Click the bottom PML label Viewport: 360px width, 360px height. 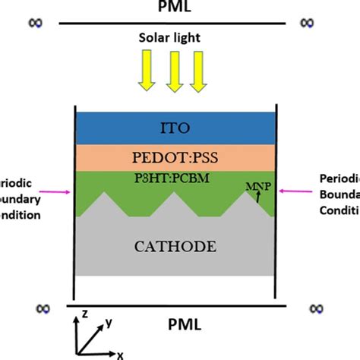point(183,324)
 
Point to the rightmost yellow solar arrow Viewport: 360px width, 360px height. point(201,75)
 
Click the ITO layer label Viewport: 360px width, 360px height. point(174,127)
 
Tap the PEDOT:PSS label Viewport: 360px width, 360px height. point(174,159)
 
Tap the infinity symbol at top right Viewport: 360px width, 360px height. point(305,23)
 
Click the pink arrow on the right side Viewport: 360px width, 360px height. point(289,191)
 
